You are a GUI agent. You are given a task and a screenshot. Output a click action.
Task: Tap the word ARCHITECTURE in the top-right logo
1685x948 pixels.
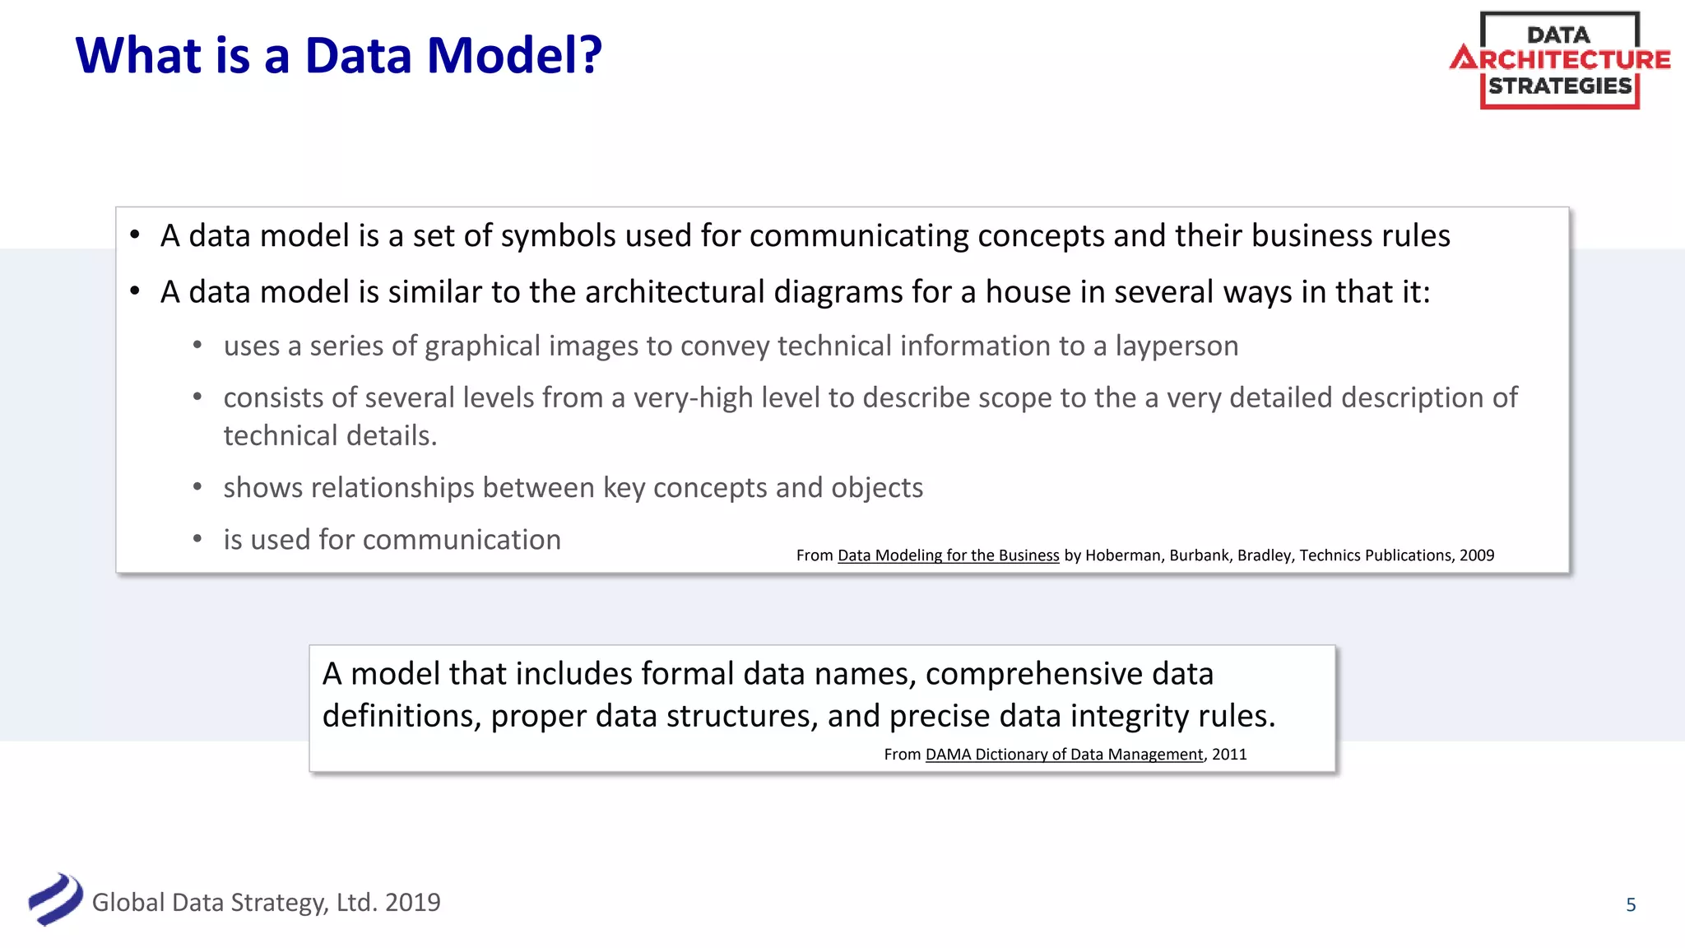[1562, 59]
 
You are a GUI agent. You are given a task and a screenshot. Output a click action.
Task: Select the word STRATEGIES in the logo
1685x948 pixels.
[1560, 86]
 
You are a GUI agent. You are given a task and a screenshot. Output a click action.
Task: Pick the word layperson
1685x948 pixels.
[1177, 346]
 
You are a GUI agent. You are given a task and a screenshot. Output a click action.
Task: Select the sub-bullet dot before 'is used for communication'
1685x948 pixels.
[197, 540]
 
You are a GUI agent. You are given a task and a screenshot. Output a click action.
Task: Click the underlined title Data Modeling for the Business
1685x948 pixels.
[948, 555]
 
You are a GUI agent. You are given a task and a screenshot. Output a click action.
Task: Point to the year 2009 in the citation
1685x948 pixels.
[1477, 555]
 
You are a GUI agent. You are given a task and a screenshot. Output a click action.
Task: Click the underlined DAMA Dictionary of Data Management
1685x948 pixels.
[1064, 755]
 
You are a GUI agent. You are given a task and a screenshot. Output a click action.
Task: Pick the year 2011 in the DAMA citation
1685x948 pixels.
[1229, 755]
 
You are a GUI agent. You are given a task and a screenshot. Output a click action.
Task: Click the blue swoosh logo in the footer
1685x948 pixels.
[55, 899]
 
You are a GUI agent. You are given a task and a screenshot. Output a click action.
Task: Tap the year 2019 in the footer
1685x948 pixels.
[412, 903]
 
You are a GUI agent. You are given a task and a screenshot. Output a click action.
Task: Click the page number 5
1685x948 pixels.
[1631, 905]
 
